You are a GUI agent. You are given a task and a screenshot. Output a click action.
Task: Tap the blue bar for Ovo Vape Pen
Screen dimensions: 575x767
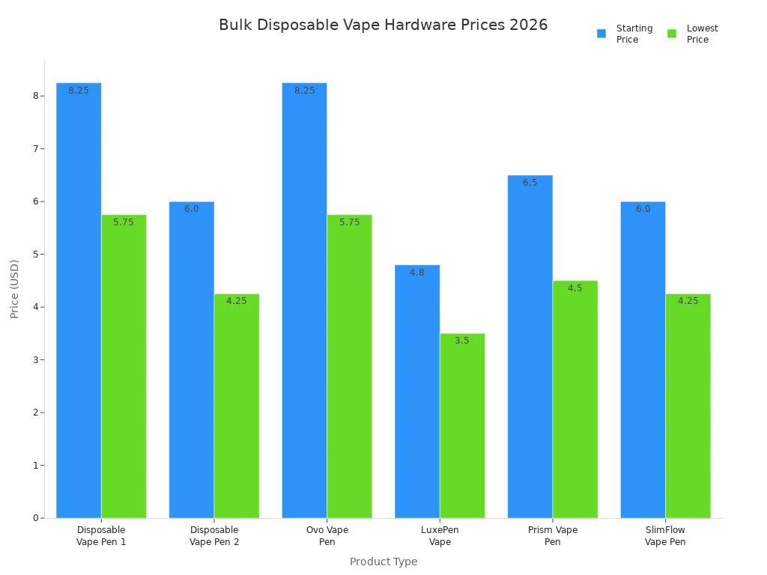[x=304, y=299]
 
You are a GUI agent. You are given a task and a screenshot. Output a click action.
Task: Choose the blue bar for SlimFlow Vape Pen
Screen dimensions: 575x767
[x=643, y=359]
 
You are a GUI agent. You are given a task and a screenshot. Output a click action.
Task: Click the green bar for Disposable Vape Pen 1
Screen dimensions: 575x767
[x=124, y=366]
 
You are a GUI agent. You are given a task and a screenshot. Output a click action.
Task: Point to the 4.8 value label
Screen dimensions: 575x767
[x=417, y=273]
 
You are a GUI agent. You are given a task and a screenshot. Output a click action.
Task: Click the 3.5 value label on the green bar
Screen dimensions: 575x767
[x=462, y=341]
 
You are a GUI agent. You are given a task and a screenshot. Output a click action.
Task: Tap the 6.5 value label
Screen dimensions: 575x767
[x=530, y=183]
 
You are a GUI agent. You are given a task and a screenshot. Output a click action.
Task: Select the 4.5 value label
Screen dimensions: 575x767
[x=575, y=288]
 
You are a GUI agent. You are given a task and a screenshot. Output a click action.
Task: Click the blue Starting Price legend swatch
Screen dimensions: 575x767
[x=601, y=34]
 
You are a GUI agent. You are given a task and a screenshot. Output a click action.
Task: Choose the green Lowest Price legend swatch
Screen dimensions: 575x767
[x=672, y=34]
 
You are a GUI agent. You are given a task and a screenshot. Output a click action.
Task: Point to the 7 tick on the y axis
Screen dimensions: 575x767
[x=36, y=149]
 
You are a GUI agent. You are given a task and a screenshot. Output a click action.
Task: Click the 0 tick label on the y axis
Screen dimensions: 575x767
[x=36, y=518]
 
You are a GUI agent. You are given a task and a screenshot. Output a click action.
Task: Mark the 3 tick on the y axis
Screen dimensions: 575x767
[x=36, y=360]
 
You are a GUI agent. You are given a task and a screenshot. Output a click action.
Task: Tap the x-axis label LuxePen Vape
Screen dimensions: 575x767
[x=440, y=536]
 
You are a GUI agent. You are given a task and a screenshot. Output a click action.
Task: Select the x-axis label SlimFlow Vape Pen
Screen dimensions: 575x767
[x=665, y=536]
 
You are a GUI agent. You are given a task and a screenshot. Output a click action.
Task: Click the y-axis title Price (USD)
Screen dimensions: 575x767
[x=15, y=289]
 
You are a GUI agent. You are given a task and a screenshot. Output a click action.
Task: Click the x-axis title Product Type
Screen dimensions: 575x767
[x=383, y=562]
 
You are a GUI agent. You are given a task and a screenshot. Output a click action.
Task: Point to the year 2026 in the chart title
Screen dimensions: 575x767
[x=529, y=25]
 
